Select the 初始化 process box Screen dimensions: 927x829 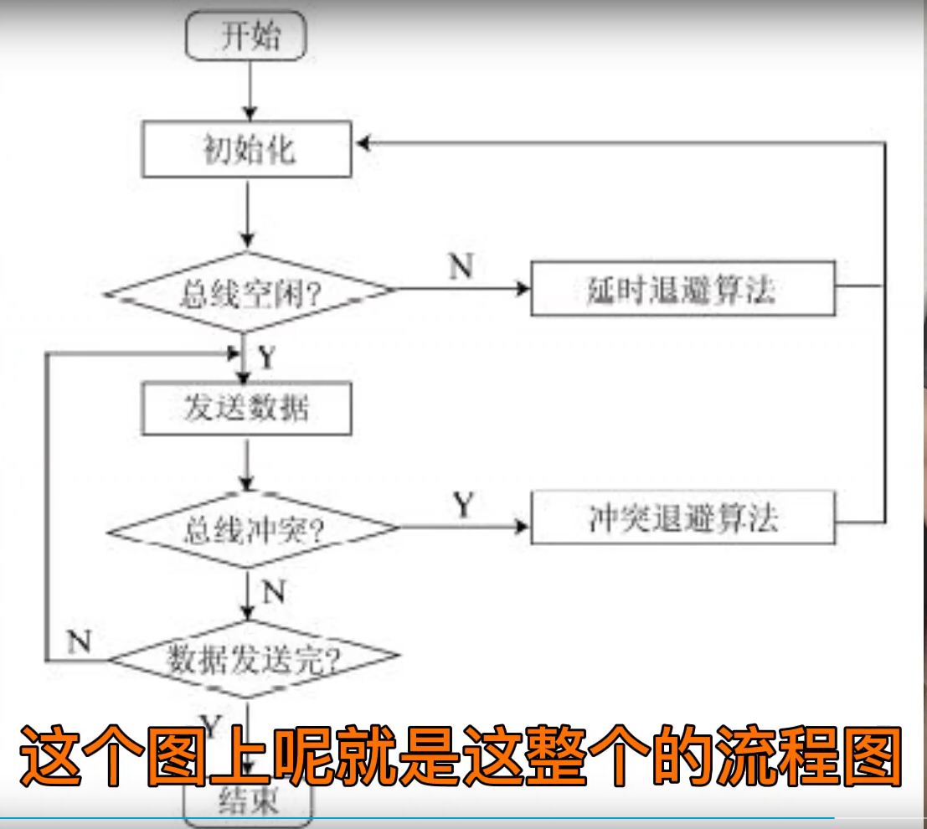tap(246, 152)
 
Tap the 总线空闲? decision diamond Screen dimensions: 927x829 tap(249, 292)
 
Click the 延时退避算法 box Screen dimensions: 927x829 tap(682, 289)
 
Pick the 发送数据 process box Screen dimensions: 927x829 tap(246, 409)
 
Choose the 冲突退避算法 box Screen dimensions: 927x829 tap(682, 519)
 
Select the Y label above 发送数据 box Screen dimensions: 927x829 tap(266, 358)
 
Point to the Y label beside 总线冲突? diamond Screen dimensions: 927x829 tap(463, 504)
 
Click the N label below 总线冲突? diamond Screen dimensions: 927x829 tap(274, 593)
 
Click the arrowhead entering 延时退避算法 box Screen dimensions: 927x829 tap(523, 289)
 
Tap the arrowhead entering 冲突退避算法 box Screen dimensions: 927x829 tap(523, 528)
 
